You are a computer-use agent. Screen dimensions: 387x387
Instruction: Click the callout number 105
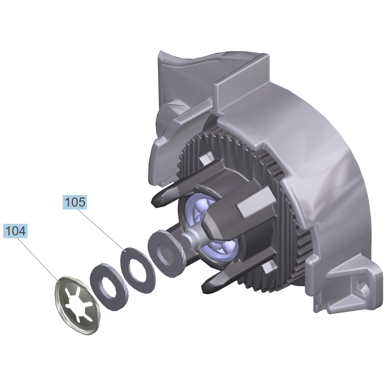(x=75, y=202)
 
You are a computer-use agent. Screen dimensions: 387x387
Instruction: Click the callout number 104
(x=15, y=231)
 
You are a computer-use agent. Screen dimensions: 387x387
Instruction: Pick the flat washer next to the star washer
(x=109, y=286)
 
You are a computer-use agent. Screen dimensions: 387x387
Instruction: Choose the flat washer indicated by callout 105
(x=138, y=271)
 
